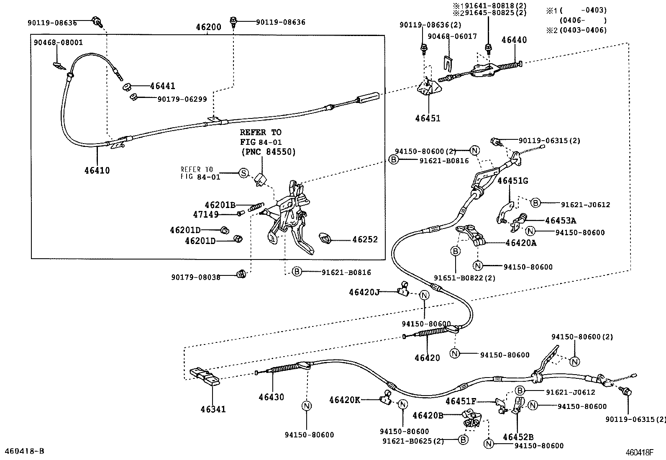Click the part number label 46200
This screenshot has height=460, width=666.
[x=209, y=28]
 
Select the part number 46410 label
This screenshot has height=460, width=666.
[x=97, y=170]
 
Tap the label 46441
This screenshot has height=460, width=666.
[x=162, y=86]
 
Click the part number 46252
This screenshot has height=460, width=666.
[x=365, y=239]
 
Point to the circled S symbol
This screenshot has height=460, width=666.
[x=243, y=173]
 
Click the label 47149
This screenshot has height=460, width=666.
[x=206, y=214]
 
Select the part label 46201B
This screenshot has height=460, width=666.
[x=220, y=205]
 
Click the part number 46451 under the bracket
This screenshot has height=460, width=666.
[x=428, y=118]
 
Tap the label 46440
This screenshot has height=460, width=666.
[x=514, y=40]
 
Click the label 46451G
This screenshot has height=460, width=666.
[x=512, y=181]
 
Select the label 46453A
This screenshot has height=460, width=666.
[x=561, y=221]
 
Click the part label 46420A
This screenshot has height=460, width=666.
[x=520, y=243]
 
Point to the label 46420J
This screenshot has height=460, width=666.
[x=364, y=292]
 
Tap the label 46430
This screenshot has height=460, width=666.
[x=271, y=397]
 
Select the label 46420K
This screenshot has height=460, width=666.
[x=344, y=400]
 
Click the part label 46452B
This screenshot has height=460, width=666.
[x=518, y=437]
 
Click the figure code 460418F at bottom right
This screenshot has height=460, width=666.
[x=639, y=452]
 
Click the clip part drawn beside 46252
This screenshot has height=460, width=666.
[x=325, y=238]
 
